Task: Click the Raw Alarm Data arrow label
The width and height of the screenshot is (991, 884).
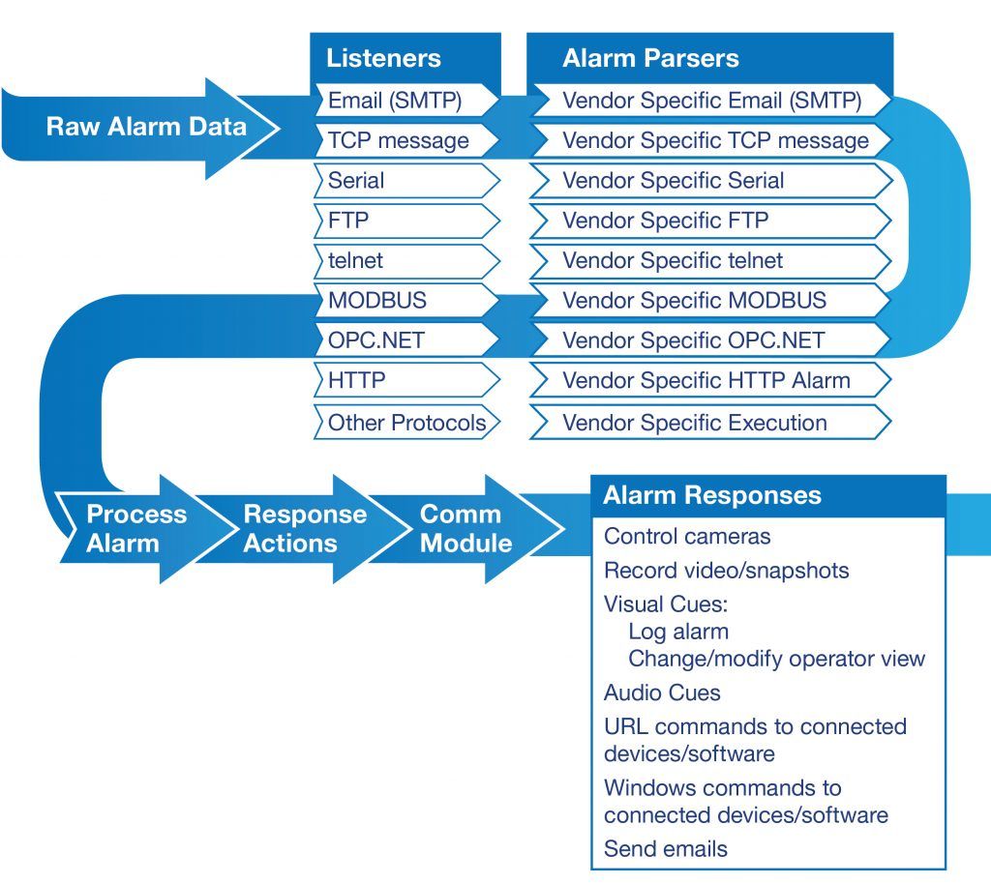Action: click(146, 127)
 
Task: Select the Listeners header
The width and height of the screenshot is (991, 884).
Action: click(383, 58)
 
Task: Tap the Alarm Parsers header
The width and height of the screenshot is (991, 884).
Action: click(650, 58)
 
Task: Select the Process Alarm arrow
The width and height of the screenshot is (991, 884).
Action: click(123, 528)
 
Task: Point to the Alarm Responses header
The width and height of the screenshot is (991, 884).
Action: click(712, 496)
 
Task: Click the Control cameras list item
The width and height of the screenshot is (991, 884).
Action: click(687, 537)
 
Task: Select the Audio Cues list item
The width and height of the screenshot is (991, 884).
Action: click(662, 692)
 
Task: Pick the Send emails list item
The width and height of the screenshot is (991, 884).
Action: click(666, 849)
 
